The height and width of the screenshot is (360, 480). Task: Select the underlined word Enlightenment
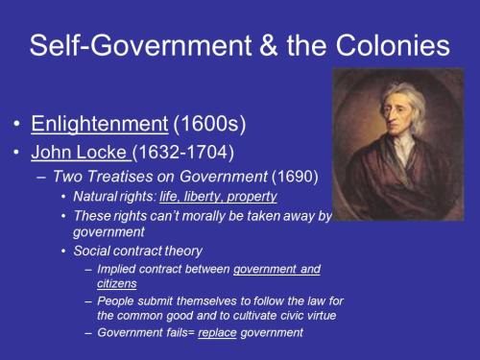(x=84, y=124)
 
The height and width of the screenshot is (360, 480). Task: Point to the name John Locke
(x=78, y=152)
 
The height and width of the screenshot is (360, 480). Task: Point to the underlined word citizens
(x=118, y=284)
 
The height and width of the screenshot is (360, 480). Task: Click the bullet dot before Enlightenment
(x=18, y=125)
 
